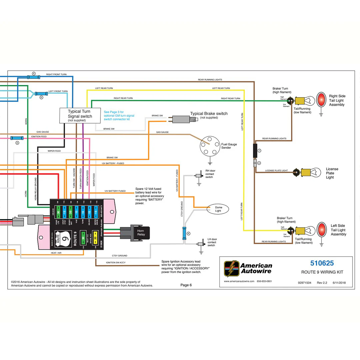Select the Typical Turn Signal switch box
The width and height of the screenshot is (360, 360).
(x=80, y=115)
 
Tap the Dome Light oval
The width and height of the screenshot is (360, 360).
(x=218, y=209)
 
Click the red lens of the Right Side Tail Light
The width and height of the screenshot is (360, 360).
(x=321, y=100)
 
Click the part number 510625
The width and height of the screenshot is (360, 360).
(x=322, y=263)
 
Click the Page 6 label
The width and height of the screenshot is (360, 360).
(x=186, y=285)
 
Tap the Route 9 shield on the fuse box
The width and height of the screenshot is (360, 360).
(x=59, y=239)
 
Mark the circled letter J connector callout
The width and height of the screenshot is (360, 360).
(x=259, y=151)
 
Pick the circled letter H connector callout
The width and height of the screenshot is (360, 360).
(x=259, y=163)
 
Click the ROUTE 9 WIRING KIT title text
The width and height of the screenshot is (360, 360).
(x=322, y=272)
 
